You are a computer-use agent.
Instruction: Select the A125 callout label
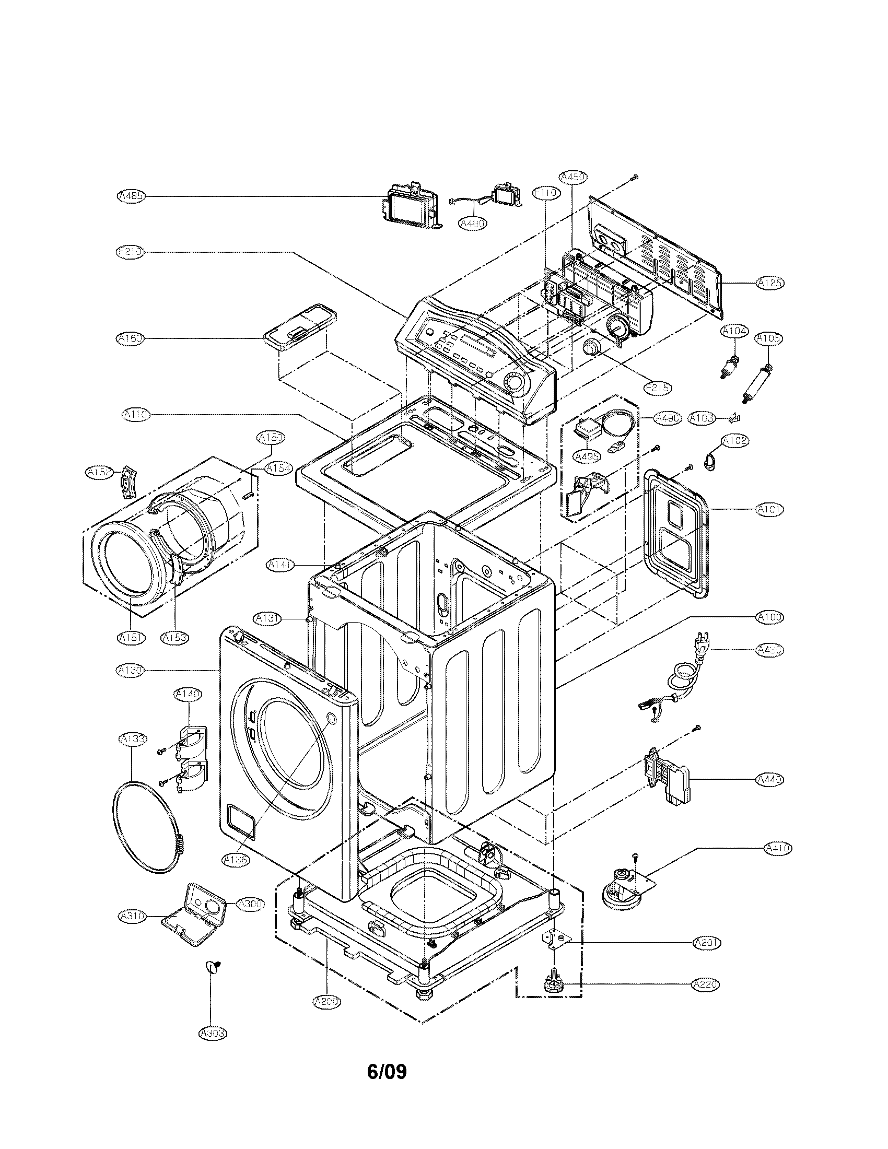[769, 283]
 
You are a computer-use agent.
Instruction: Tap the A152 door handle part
[127, 481]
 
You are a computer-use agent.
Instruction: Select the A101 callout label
[769, 509]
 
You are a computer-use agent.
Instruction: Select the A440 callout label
[769, 779]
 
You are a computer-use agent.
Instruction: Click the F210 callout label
[129, 252]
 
